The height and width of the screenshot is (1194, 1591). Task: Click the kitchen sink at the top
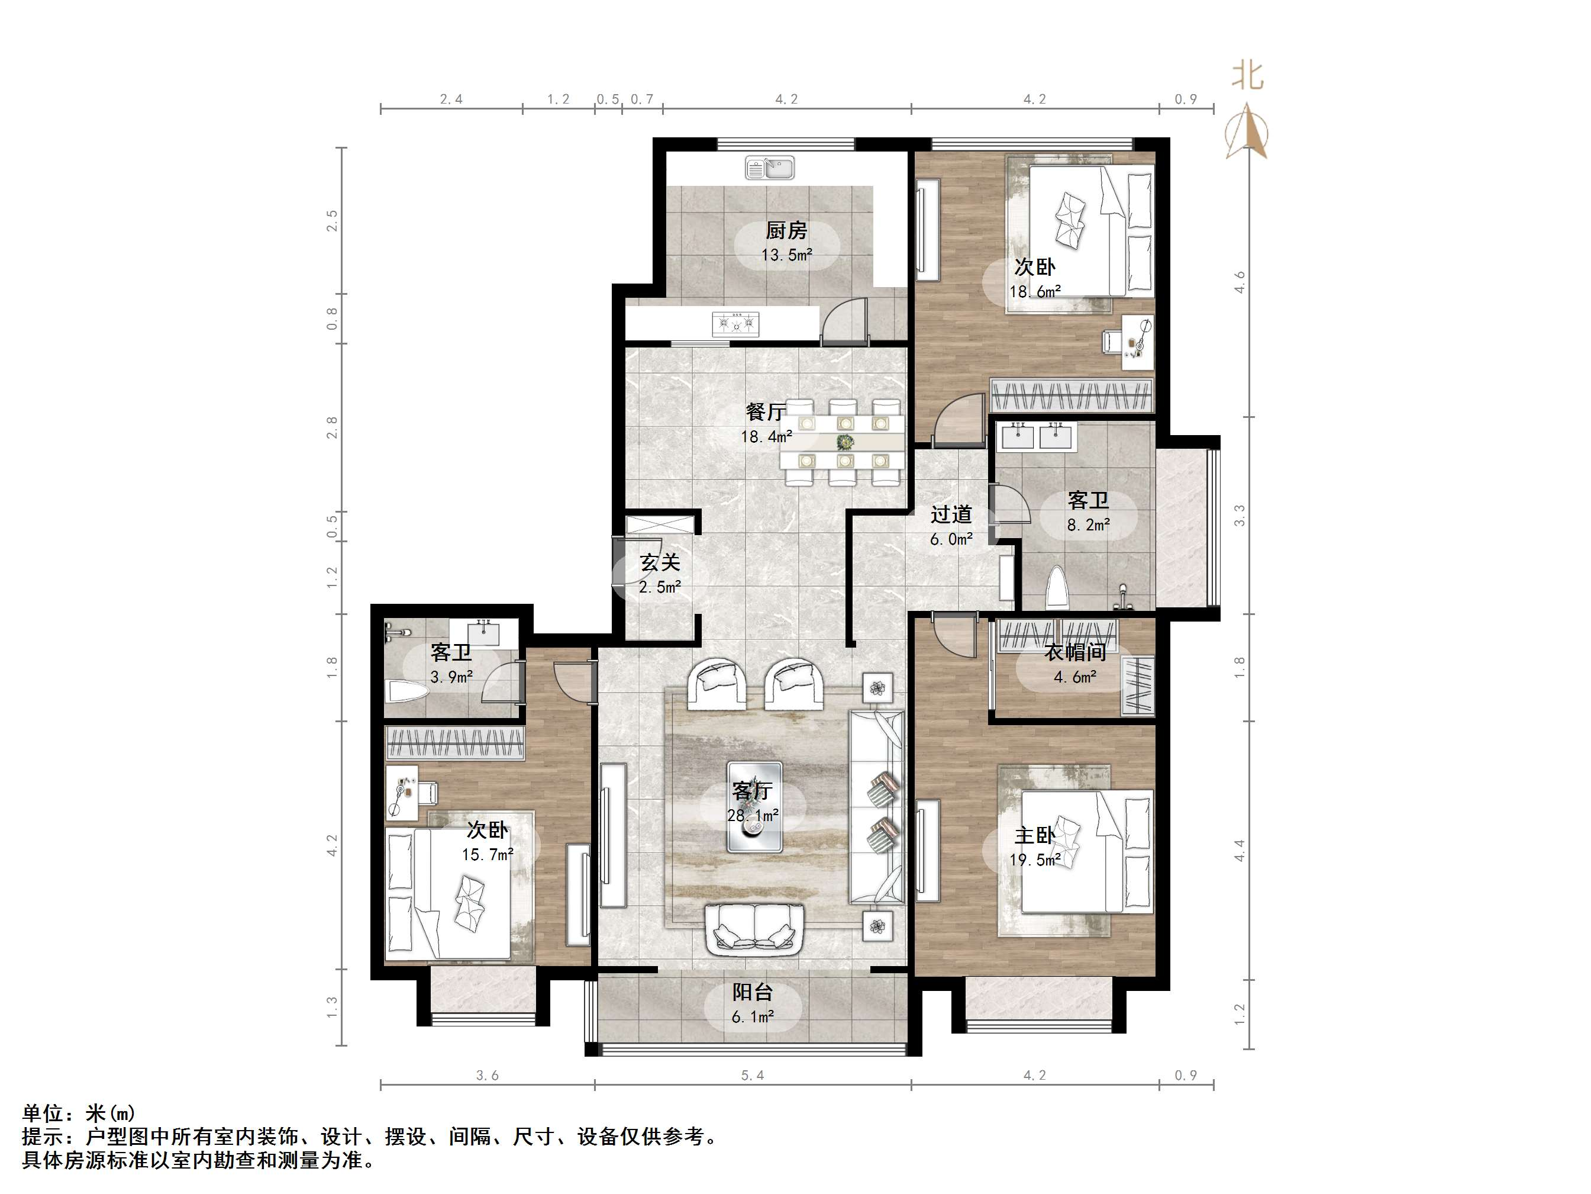pos(769,168)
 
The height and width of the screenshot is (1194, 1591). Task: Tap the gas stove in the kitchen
pos(735,324)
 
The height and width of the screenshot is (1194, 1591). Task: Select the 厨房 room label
pos(786,230)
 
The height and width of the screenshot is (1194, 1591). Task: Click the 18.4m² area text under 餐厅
pos(767,437)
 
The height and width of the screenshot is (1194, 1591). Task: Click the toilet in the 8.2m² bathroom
pos(1056,588)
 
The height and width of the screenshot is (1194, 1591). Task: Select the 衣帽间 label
pos(1074,652)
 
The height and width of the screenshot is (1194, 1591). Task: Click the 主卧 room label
pos(1034,836)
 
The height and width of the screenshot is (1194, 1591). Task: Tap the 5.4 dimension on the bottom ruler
pos(753,1075)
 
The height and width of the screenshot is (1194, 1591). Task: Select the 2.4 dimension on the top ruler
pos(451,99)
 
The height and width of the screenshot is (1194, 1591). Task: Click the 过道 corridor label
pos(951,514)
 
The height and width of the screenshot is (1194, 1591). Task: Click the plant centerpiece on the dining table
pos(845,441)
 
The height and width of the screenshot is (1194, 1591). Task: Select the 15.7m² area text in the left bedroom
pos(488,855)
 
